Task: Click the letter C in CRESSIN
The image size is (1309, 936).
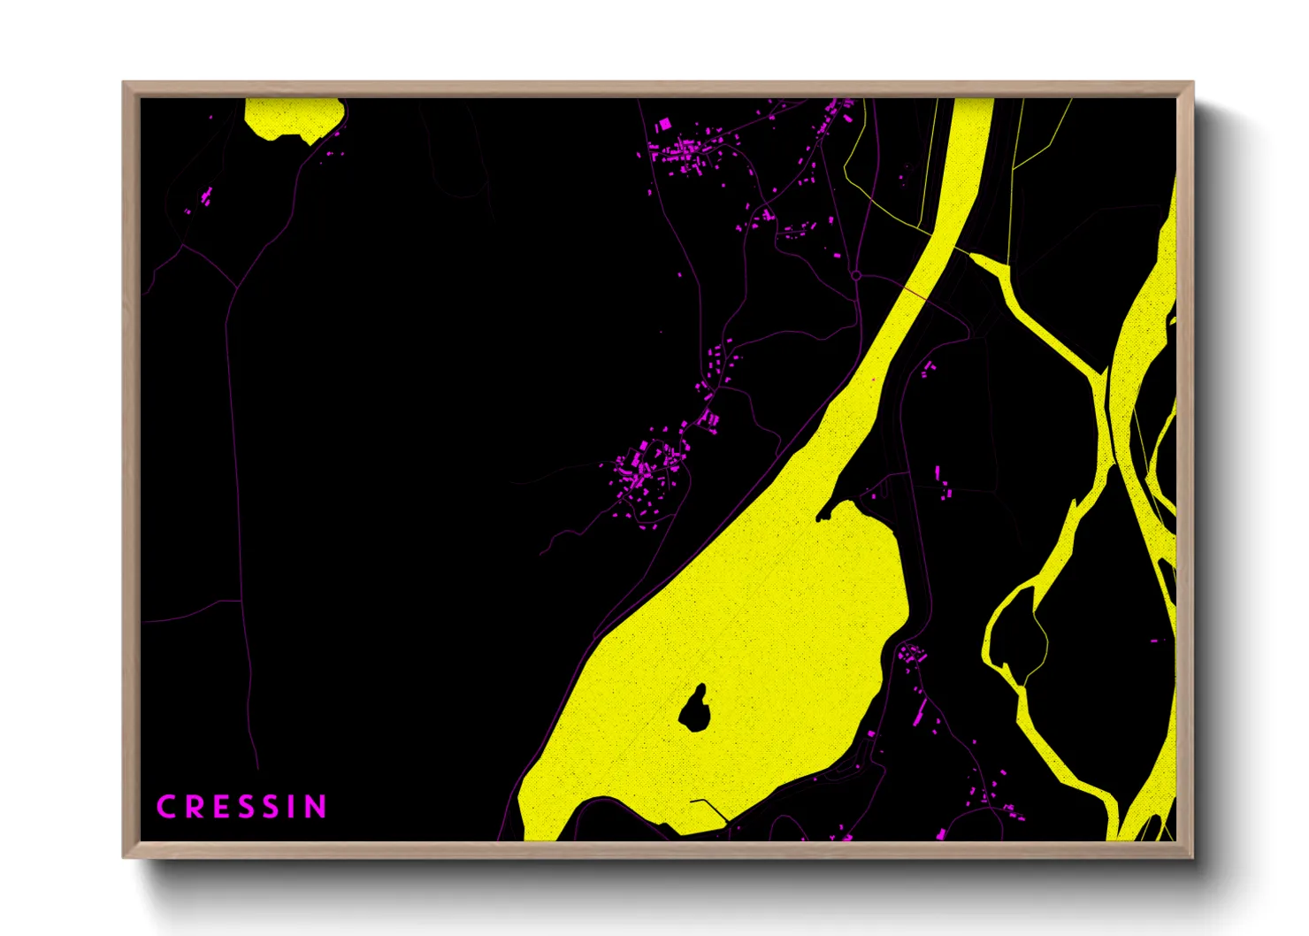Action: click(x=165, y=807)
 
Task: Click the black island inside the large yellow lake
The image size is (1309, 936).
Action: click(x=694, y=709)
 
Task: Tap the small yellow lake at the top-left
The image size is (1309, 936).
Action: click(x=292, y=117)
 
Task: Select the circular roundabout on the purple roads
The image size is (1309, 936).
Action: click(x=856, y=276)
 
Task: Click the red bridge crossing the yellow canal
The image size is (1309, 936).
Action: click(x=915, y=291)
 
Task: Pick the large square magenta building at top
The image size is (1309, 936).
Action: click(x=665, y=126)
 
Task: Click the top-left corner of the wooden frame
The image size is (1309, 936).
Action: click(x=125, y=84)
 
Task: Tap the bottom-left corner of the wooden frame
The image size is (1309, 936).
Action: click(x=125, y=855)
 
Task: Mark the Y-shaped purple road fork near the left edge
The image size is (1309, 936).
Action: click(x=236, y=288)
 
